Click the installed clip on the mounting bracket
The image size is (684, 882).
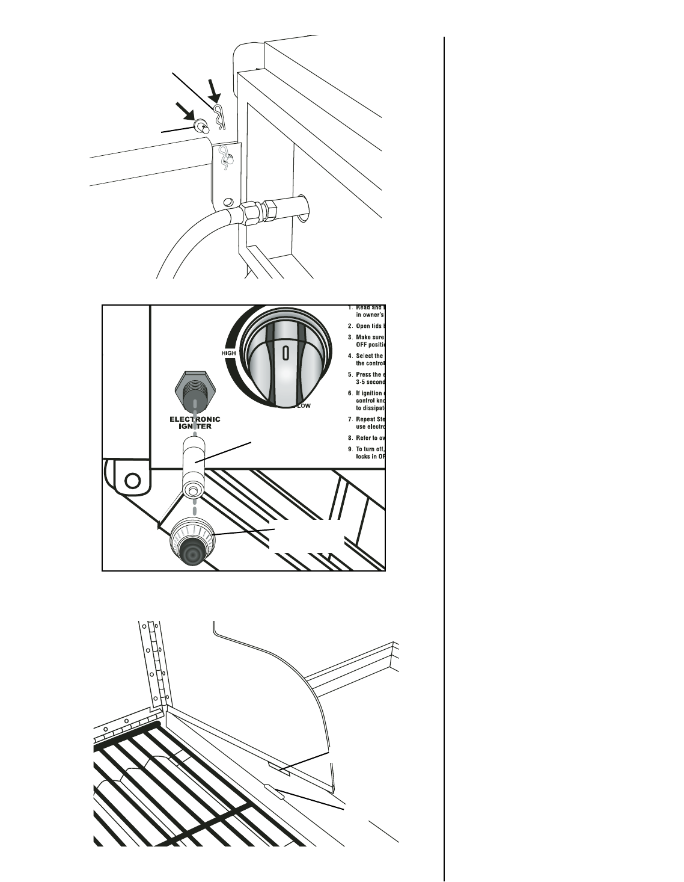pyautogui.click(x=226, y=159)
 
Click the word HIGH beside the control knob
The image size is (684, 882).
pyautogui.click(x=228, y=353)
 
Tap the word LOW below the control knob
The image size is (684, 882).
pyautogui.click(x=304, y=406)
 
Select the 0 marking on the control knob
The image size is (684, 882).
pyautogui.click(x=286, y=353)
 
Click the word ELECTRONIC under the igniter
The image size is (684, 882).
pyautogui.click(x=195, y=419)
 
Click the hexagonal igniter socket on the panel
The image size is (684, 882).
pyautogui.click(x=194, y=390)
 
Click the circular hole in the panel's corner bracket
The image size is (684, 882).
pyautogui.click(x=133, y=480)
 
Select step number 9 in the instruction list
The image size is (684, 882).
pyautogui.click(x=350, y=449)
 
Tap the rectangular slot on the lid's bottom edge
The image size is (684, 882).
pyautogui.click(x=280, y=769)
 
